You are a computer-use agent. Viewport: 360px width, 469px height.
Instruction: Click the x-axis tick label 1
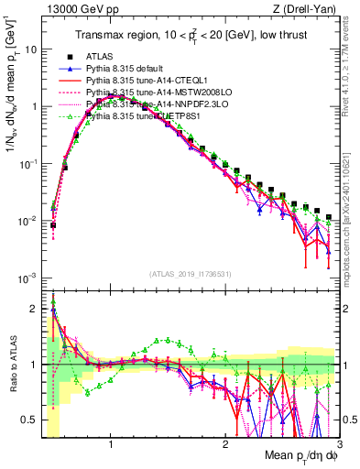click(x=111, y=446)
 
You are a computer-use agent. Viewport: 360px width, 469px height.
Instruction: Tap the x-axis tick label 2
click(x=224, y=446)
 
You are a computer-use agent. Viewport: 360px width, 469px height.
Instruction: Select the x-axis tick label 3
click(x=338, y=446)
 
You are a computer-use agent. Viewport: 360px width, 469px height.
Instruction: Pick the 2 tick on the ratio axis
click(x=35, y=309)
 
